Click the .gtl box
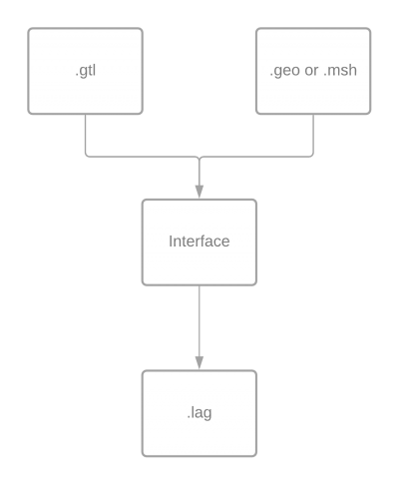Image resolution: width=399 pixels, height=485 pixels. pyautogui.click(x=86, y=71)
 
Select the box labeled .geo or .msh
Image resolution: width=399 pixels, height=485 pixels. pyautogui.click(x=313, y=71)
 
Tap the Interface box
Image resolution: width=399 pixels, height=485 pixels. pyautogui.click(x=199, y=242)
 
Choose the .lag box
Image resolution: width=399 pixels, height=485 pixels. pyautogui.click(x=199, y=413)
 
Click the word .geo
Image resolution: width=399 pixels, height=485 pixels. pyautogui.click(x=284, y=71)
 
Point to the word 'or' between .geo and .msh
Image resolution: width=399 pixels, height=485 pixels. pyautogui.click(x=312, y=71)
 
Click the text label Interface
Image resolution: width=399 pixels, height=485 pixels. pyautogui.click(x=199, y=242)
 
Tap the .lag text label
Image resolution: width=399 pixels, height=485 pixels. pyautogui.click(x=199, y=413)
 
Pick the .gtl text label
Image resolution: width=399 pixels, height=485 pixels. pyautogui.click(x=86, y=71)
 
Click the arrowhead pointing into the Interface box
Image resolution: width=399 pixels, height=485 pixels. pyautogui.click(x=199, y=192)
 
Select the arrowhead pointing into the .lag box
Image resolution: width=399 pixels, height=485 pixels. pyautogui.click(x=199, y=363)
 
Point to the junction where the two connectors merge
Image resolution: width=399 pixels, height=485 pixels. pyautogui.click(x=199, y=158)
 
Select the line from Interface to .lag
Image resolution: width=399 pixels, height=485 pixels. pyautogui.click(x=199, y=321)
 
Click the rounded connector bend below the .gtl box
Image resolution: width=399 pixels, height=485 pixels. pyautogui.click(x=87, y=155)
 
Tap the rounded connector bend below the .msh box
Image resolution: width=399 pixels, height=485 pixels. pyautogui.click(x=312, y=155)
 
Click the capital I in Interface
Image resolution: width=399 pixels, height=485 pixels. pyautogui.click(x=171, y=242)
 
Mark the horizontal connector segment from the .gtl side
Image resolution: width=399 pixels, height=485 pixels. pyautogui.click(x=143, y=157)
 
